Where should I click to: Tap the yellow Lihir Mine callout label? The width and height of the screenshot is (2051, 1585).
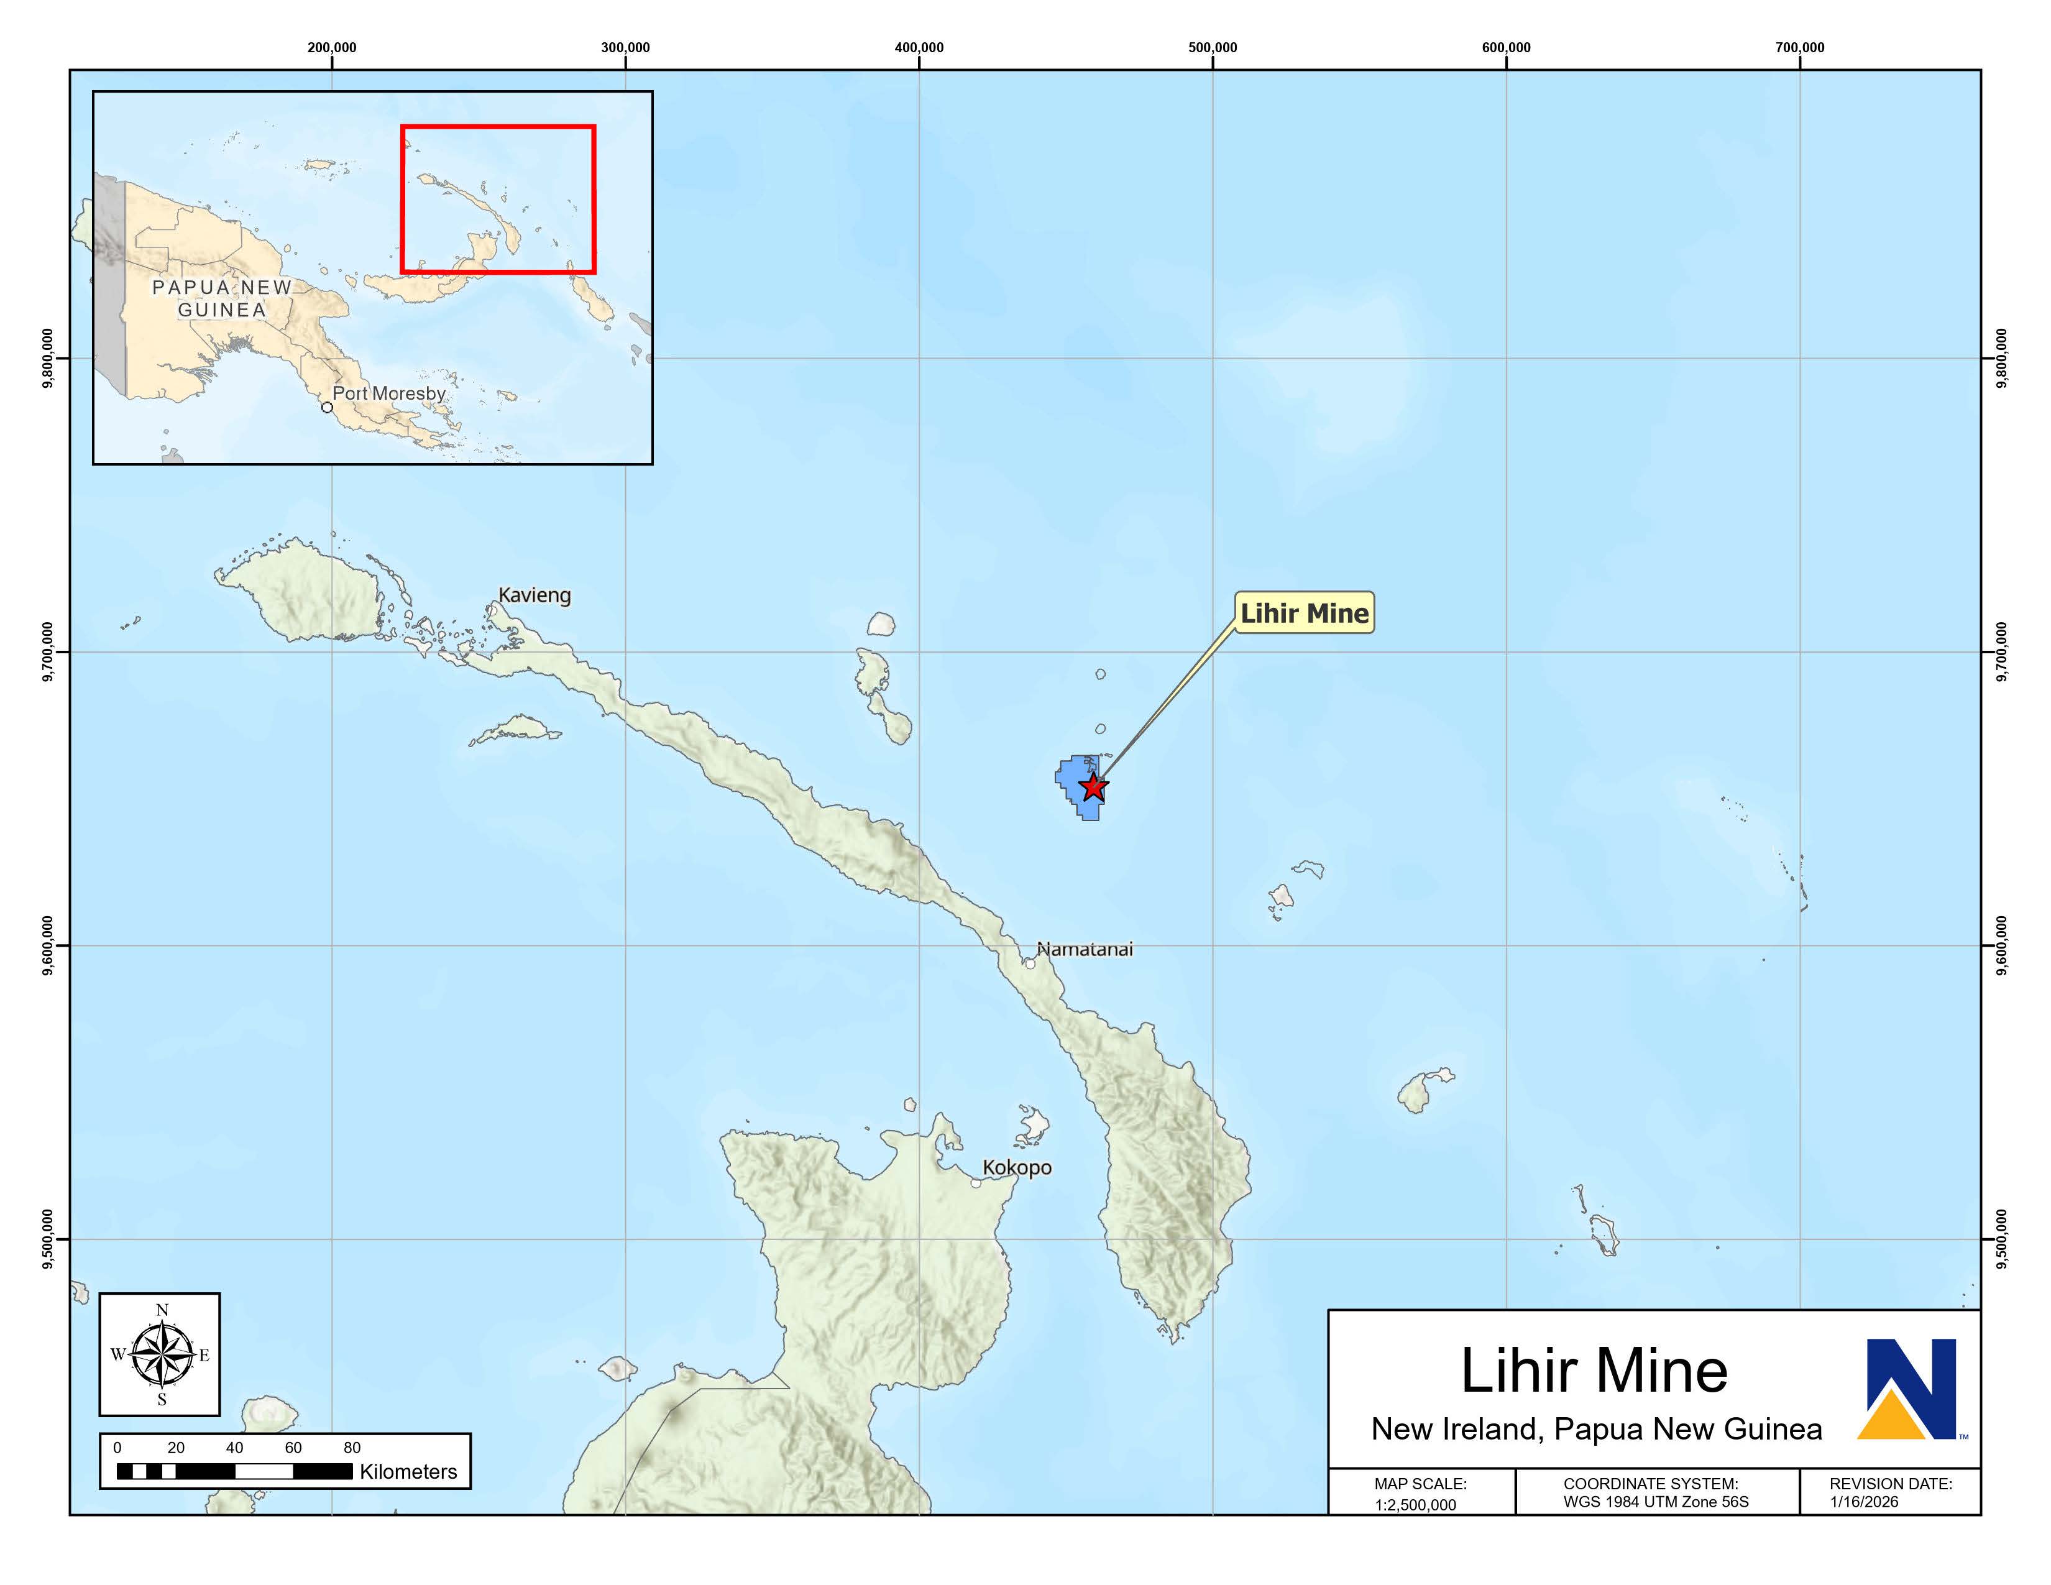pos(1305,613)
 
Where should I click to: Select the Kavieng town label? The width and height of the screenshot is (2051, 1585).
pos(535,595)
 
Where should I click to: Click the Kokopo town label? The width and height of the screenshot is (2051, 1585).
pos(1017,1167)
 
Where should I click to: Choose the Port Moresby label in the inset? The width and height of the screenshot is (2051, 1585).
pos(389,393)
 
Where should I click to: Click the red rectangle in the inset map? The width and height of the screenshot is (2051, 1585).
pos(498,127)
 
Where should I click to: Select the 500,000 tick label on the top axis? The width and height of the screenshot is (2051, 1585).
pos(1213,48)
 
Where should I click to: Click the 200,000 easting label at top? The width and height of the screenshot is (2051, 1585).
pos(331,48)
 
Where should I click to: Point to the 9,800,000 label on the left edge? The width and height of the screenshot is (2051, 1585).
pos(47,358)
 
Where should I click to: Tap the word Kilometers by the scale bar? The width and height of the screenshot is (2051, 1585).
pos(408,1471)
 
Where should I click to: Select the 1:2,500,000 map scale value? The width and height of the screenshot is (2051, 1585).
pos(1415,1504)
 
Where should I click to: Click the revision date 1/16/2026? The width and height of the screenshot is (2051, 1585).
pos(1863,1502)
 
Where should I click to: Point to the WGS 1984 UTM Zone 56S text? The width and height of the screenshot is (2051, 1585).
pos(1656,1502)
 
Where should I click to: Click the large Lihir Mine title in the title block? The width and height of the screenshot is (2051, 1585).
pos(1594,1371)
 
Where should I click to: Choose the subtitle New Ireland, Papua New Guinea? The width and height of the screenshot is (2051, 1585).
pos(1597,1429)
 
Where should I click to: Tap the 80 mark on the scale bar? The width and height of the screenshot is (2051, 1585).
pos(352,1447)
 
